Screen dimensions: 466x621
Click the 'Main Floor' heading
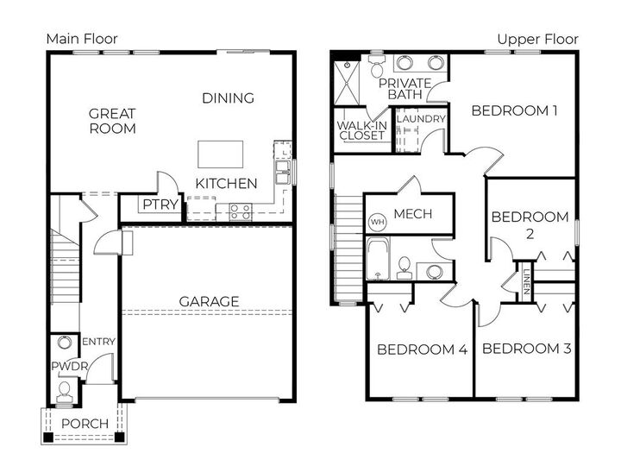click(x=82, y=39)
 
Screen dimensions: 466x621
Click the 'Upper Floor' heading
click(x=537, y=39)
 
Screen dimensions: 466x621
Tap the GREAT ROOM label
click(x=112, y=121)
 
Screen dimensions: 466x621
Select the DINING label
click(x=228, y=98)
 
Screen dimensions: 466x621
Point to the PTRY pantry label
click(x=160, y=205)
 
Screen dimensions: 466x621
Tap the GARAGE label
click(x=209, y=301)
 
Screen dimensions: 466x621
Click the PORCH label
click(x=85, y=423)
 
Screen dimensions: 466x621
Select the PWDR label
click(x=65, y=365)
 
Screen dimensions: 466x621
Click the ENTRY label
click(x=97, y=342)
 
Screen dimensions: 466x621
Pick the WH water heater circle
click(x=377, y=222)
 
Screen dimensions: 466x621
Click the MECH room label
click(x=412, y=214)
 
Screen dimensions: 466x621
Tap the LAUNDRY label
click(x=420, y=119)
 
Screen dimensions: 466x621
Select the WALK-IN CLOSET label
click(x=361, y=130)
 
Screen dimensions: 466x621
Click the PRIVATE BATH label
click(x=410, y=87)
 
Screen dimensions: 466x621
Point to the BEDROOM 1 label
click(x=514, y=110)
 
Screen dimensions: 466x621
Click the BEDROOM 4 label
click(x=422, y=349)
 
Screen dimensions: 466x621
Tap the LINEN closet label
click(x=526, y=281)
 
